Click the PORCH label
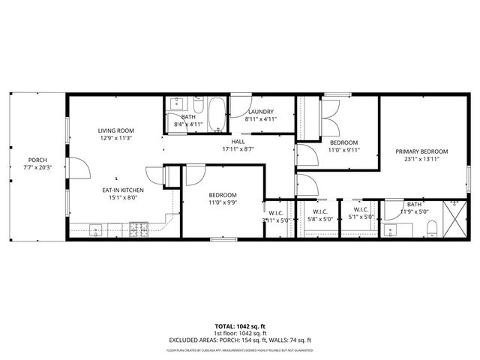click(x=37, y=160)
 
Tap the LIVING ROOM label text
click(x=115, y=131)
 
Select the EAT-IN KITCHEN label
click(x=123, y=190)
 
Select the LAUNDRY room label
click(x=261, y=112)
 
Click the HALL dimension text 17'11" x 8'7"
click(x=238, y=148)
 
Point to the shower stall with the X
click(x=453, y=217)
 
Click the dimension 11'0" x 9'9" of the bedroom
click(x=223, y=202)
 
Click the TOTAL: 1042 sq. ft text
click(x=239, y=326)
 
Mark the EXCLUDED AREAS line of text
click(x=239, y=340)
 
